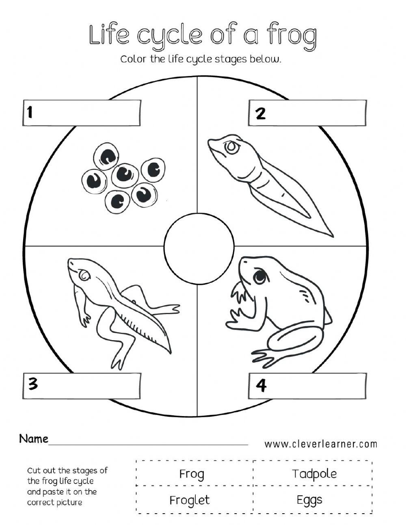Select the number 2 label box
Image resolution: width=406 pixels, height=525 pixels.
[x=307, y=113]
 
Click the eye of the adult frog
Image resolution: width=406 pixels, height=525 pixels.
[x=260, y=277]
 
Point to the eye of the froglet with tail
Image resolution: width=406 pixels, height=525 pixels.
[x=84, y=275]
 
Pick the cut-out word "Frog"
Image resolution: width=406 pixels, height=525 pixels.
[x=192, y=474]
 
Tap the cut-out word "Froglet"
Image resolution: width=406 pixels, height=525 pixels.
[x=190, y=500]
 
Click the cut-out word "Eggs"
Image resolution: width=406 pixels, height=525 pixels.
[x=309, y=500]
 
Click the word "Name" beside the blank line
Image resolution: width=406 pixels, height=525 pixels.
[x=34, y=439]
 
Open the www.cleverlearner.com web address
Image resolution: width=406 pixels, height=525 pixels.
[x=321, y=444]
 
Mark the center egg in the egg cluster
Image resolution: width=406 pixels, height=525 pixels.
[x=124, y=174]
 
